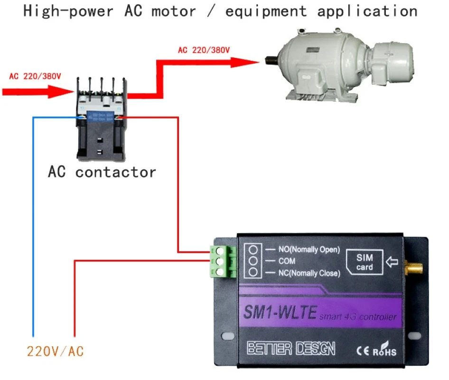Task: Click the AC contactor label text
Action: (x=102, y=172)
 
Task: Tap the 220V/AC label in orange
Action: (x=55, y=352)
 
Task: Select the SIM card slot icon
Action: (x=365, y=262)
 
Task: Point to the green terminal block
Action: (x=223, y=261)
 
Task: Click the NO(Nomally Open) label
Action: (x=309, y=249)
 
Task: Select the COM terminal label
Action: (x=287, y=261)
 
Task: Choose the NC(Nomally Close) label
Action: (x=309, y=273)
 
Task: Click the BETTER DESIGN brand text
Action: (x=291, y=349)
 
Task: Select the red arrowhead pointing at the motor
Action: (x=250, y=62)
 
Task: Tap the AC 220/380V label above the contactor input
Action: (x=35, y=76)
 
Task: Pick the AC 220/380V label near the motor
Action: (x=204, y=50)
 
